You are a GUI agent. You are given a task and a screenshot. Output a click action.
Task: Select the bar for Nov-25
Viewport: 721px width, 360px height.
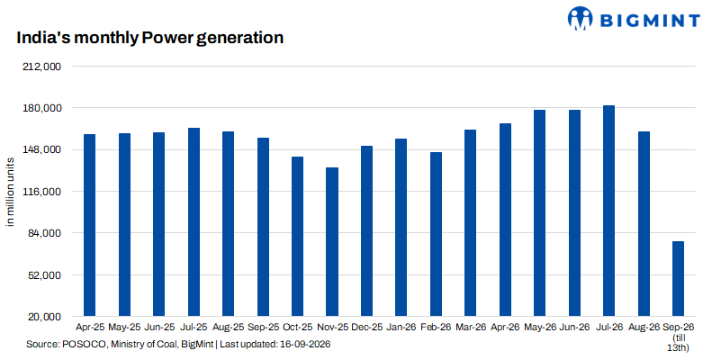pos(332,242)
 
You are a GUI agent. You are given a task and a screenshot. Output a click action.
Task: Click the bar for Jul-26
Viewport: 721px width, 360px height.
pos(608,211)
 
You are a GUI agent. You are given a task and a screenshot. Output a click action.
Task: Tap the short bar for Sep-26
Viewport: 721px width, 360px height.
pos(678,279)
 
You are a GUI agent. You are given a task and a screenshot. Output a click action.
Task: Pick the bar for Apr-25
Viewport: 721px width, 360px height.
pos(89,225)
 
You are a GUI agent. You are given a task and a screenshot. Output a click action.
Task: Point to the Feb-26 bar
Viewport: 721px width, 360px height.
pos(436,235)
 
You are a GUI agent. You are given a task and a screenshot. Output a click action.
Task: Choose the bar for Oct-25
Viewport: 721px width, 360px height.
pos(298,237)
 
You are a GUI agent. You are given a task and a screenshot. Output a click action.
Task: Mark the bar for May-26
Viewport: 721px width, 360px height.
pos(540,213)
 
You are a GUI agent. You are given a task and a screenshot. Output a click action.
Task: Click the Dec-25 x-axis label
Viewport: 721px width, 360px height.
pos(366,328)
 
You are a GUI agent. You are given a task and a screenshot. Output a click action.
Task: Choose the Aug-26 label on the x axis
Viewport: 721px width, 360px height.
pos(644,328)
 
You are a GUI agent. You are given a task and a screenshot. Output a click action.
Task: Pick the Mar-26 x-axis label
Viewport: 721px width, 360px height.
pos(471,328)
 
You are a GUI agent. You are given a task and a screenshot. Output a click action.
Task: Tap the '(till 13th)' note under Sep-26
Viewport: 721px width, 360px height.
pos(679,342)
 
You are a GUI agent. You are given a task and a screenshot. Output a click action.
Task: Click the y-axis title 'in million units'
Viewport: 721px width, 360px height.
pos(10,192)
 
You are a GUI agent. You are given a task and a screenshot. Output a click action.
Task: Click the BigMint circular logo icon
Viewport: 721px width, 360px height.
pos(581,18)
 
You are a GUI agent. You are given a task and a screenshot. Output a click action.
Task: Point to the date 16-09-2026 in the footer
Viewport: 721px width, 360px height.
pos(309,345)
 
